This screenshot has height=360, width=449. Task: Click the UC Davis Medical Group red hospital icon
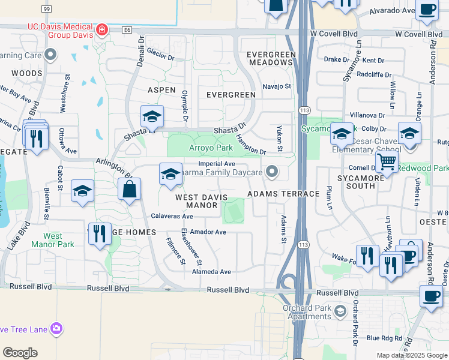click(103, 29)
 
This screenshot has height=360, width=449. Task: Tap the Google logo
click(20, 353)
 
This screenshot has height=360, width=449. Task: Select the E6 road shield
click(126, 29)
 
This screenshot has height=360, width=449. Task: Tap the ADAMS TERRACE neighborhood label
click(283, 194)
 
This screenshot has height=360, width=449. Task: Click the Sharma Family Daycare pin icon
click(273, 173)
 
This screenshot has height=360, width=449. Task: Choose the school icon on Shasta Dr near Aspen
click(152, 117)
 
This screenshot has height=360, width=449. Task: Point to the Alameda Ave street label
click(211, 272)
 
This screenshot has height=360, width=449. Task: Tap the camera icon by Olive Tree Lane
click(56, 328)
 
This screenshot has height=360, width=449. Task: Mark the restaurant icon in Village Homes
click(100, 233)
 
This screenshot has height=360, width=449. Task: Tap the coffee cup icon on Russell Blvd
click(430, 296)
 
